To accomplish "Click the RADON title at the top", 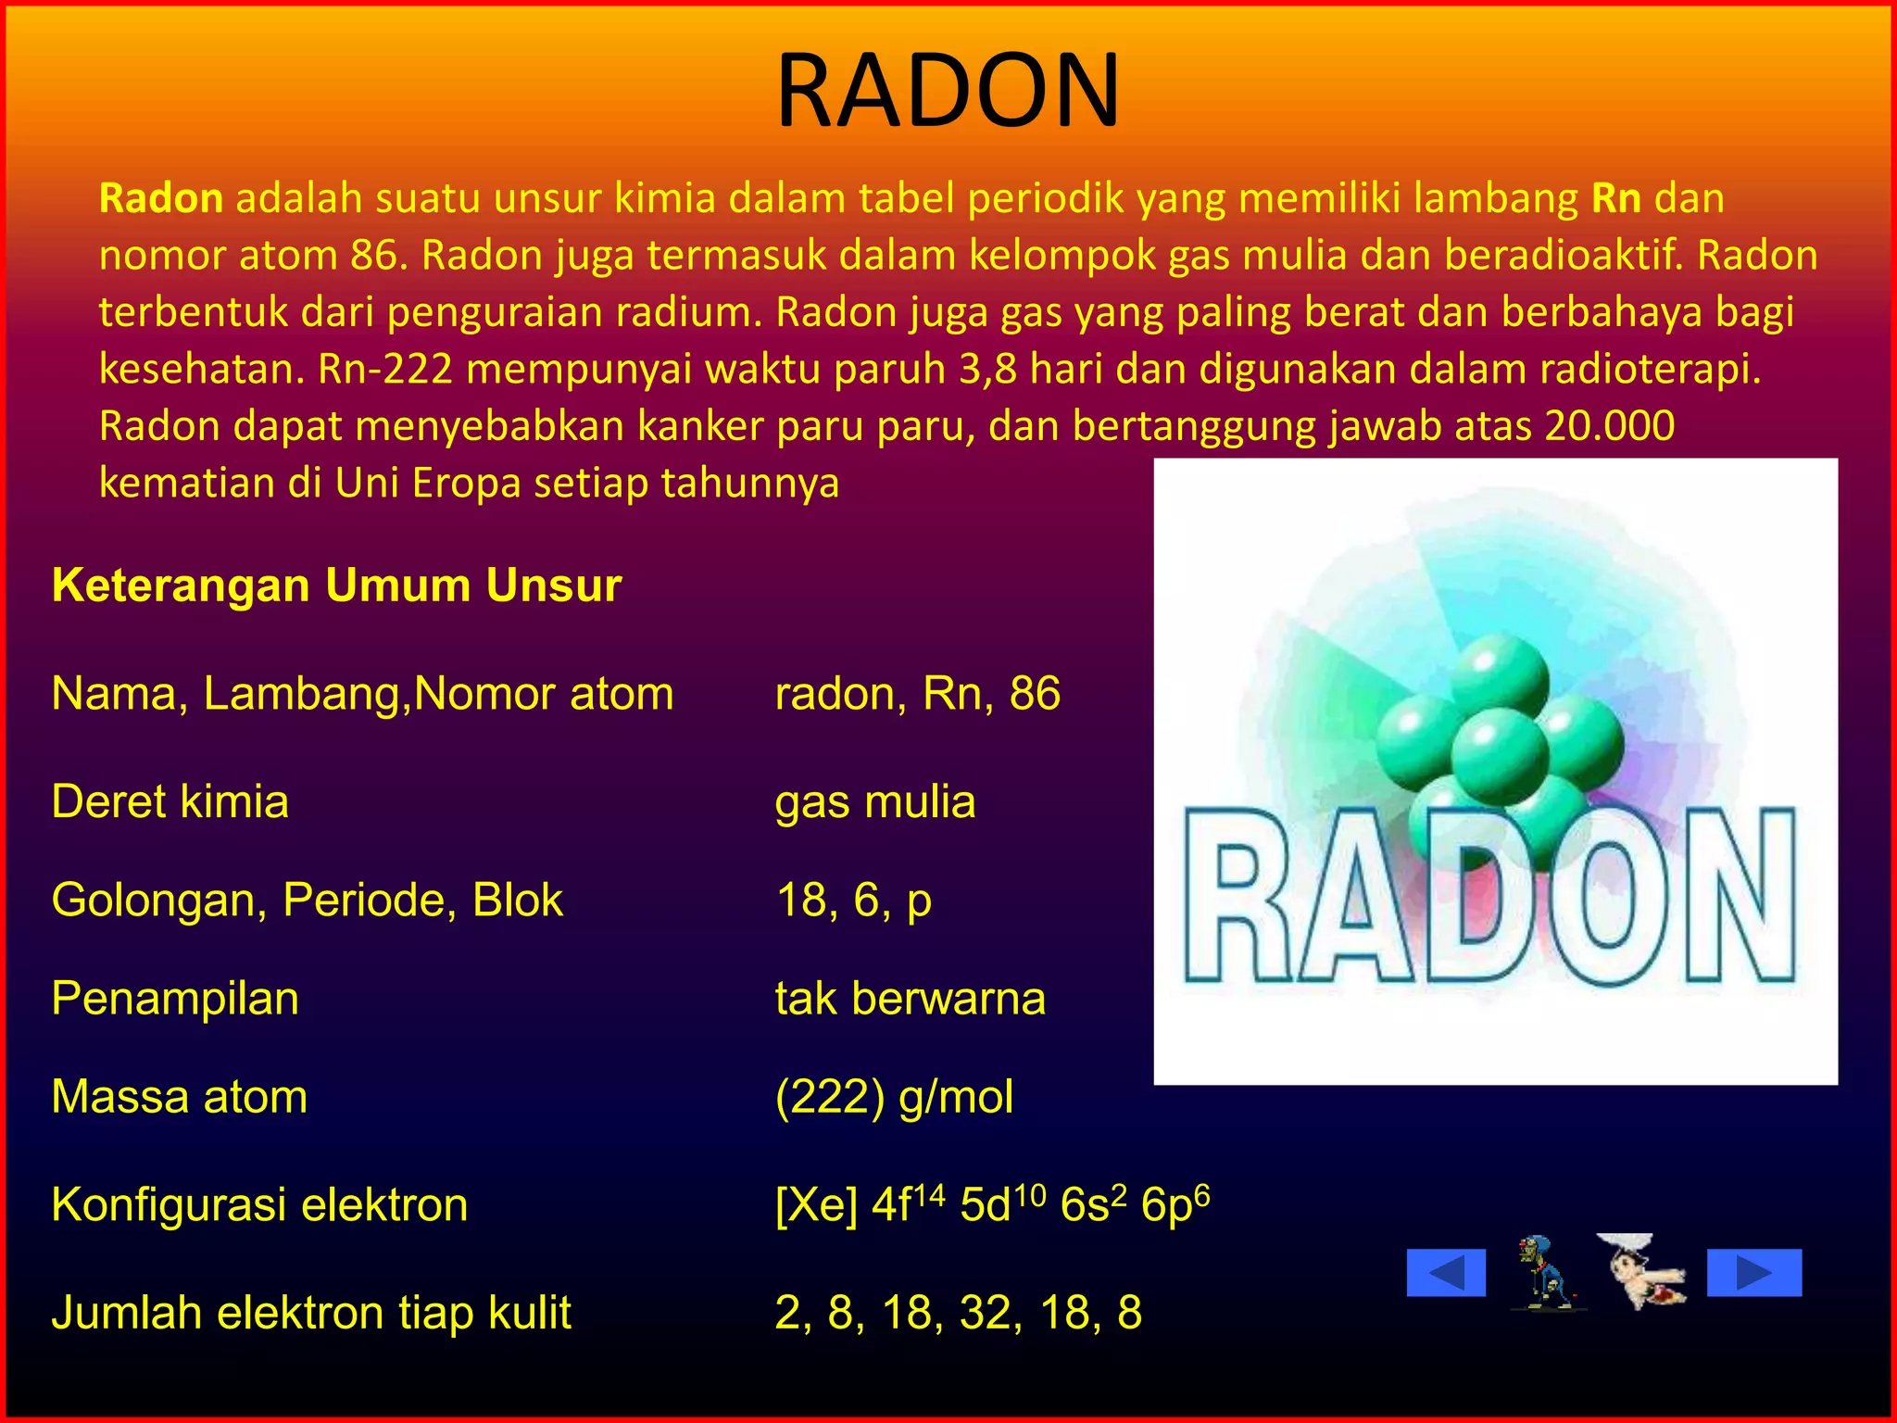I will click(x=948, y=91).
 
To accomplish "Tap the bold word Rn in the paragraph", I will click(x=1616, y=198).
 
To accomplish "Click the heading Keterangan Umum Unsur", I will click(x=336, y=586).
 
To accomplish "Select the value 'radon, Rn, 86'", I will click(x=917, y=693).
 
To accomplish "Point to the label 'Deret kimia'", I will click(x=170, y=801).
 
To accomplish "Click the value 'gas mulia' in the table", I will click(x=874, y=801).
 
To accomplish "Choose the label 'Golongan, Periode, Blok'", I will click(x=307, y=900).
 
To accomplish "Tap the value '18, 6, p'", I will click(x=853, y=900).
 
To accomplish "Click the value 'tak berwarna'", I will click(x=910, y=999).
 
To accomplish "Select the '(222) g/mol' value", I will click(x=894, y=1097).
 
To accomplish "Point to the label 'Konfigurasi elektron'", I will click(x=259, y=1204).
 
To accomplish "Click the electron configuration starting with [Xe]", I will click(x=991, y=1204).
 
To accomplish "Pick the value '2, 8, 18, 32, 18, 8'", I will click(x=958, y=1313).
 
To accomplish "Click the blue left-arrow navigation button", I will click(x=1446, y=1272).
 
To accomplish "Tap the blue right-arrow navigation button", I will click(x=1754, y=1272).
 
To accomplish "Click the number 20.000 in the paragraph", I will click(x=1610, y=426).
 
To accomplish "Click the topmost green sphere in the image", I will click(x=1499, y=679).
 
